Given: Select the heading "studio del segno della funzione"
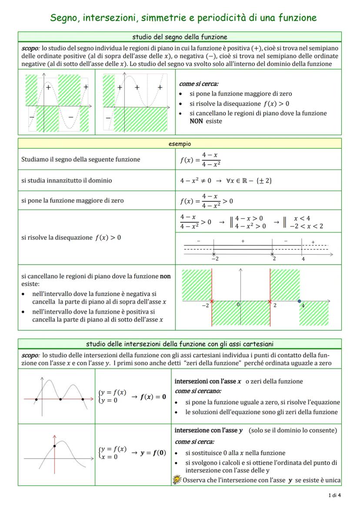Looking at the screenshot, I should click(180, 37).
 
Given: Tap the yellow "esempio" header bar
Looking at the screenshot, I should click(180, 143).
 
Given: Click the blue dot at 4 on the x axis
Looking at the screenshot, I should click(299, 301).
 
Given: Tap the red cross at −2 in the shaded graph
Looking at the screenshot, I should click(212, 301).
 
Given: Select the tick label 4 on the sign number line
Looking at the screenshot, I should click(303, 259).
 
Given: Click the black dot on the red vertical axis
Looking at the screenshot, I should click(54, 446).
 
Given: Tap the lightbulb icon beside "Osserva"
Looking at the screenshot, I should click(177, 480).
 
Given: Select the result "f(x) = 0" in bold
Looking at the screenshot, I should click(153, 396).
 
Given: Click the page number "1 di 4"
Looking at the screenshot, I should click(334, 495).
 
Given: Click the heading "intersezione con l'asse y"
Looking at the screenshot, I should click(209, 430).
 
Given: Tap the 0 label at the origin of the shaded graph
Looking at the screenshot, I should click(238, 304).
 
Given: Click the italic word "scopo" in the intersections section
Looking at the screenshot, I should click(30, 355).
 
